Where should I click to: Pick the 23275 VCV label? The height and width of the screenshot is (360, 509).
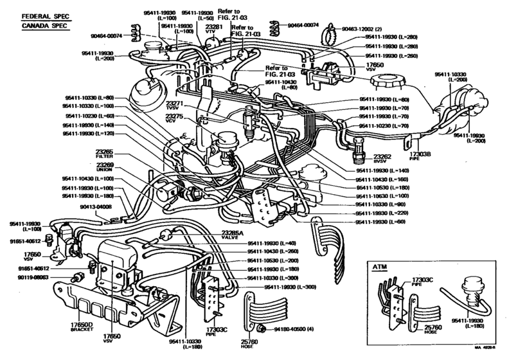point(175,119)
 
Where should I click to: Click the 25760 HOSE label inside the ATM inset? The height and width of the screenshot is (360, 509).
point(415,330)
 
